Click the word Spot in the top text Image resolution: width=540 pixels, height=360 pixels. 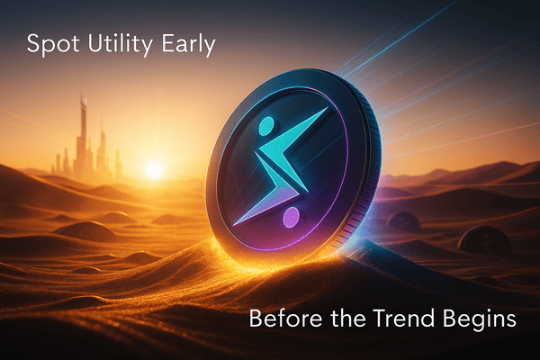point(48,45)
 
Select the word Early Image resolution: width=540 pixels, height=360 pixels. point(186,45)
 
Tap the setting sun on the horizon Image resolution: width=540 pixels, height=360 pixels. point(154,169)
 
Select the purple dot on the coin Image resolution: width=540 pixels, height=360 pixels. point(291,218)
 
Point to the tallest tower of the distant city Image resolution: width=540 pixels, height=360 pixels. point(84,135)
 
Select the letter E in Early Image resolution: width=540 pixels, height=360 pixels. point(163,45)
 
